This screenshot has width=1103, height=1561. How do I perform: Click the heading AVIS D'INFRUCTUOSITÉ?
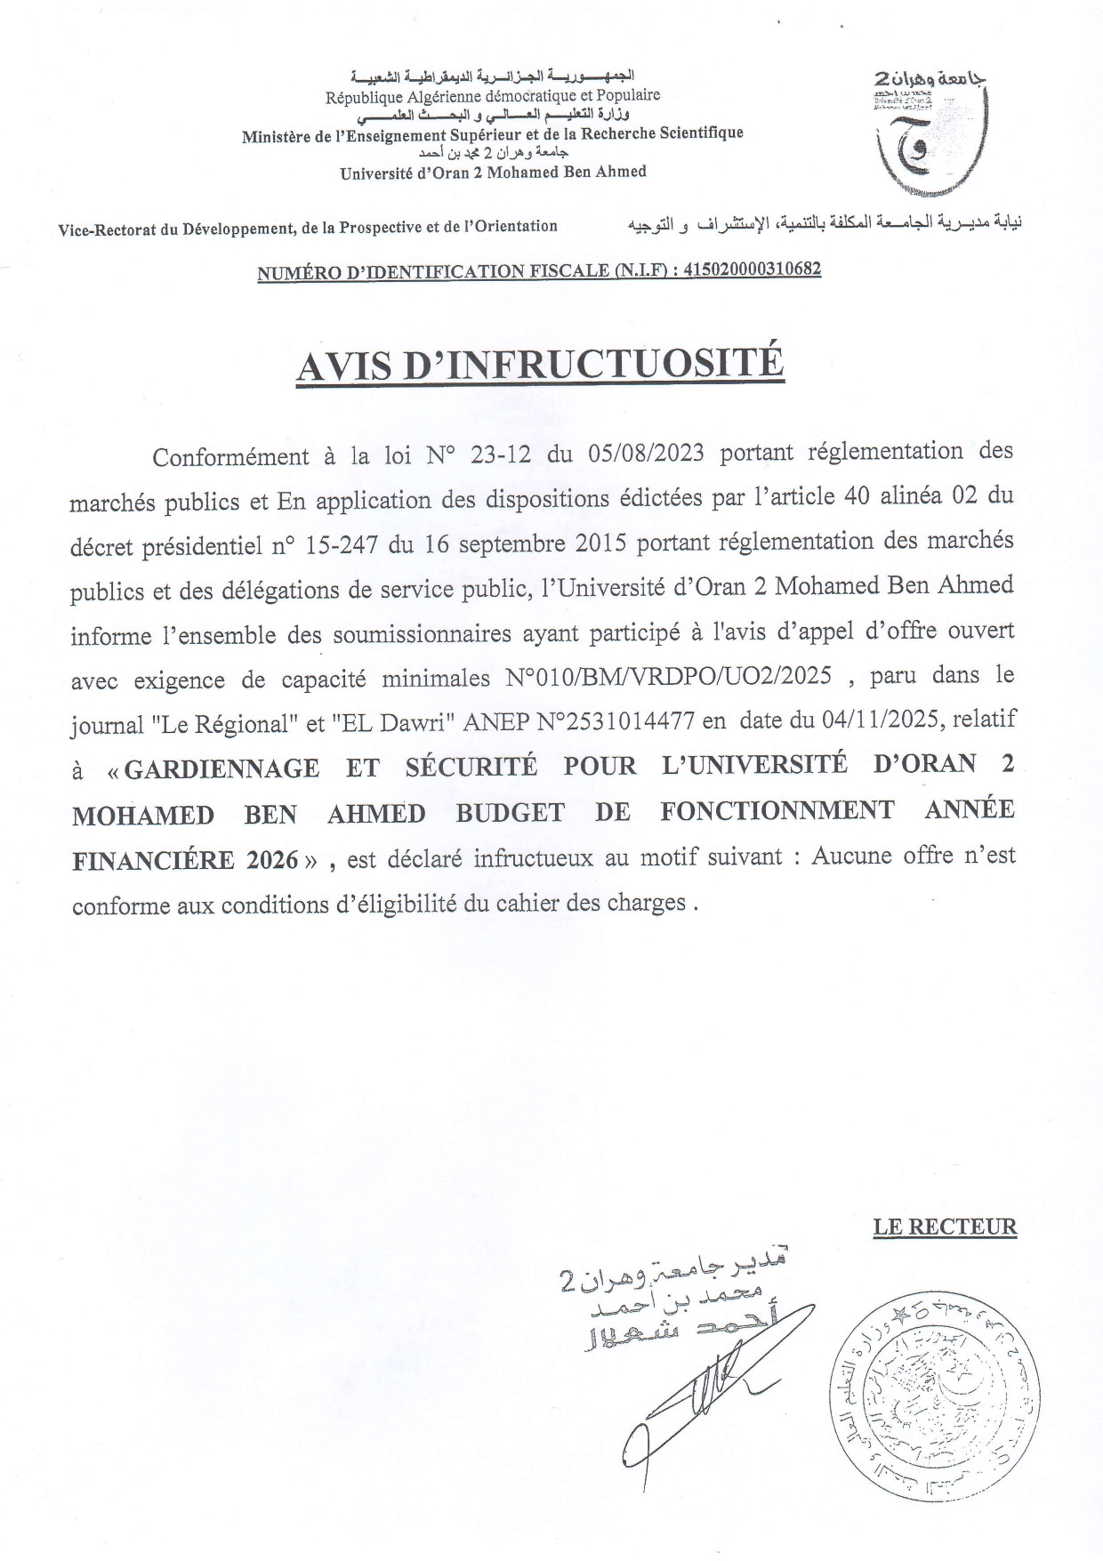pyautogui.click(x=540, y=366)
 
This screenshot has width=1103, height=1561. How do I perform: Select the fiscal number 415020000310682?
pyautogui.click(x=752, y=269)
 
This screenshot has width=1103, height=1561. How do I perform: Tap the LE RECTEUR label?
pyautogui.click(x=944, y=1227)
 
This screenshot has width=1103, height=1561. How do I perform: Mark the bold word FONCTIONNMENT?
pyautogui.click(x=777, y=811)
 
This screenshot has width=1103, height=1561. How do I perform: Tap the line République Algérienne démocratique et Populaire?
pyautogui.click(x=493, y=95)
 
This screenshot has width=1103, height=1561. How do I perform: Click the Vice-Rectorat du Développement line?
pyautogui.click(x=308, y=227)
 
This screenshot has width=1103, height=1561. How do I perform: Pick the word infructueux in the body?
pyautogui.click(x=531, y=857)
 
